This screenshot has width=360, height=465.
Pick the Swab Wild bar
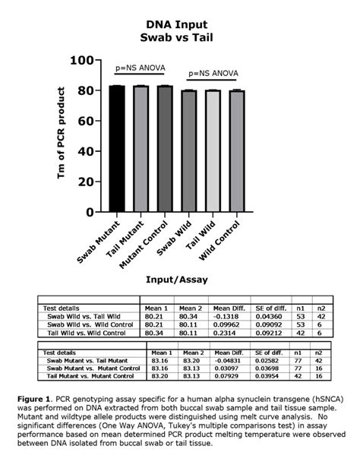[x=189, y=151]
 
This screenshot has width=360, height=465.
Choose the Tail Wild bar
[x=213, y=151]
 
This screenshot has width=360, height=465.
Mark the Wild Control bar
[x=237, y=151]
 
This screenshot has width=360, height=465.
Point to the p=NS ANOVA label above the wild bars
[x=213, y=74]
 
